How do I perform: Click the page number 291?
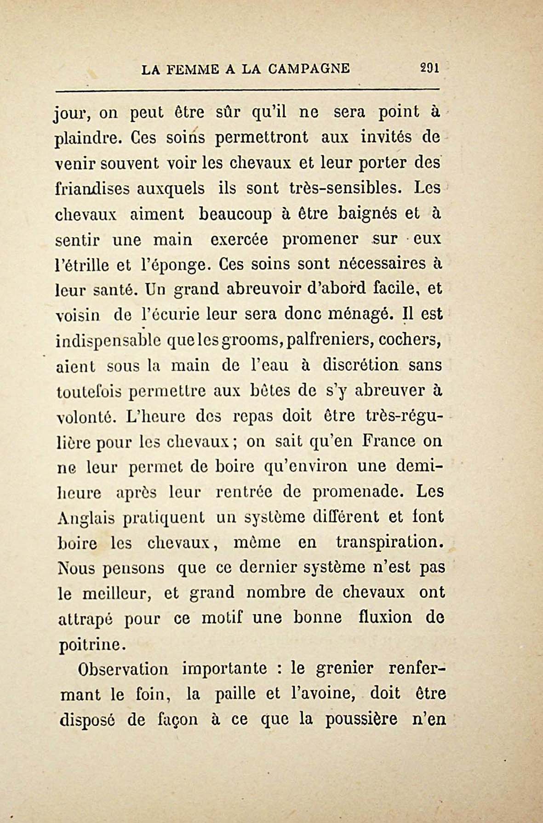pyautogui.click(x=430, y=68)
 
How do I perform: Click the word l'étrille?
pyautogui.click(x=82, y=265)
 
